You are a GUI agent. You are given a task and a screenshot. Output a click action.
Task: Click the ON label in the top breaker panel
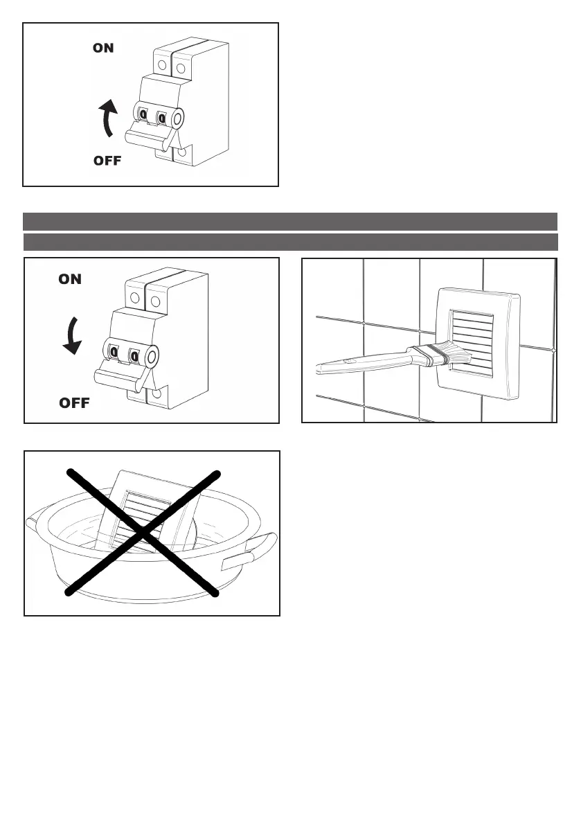coord(104,48)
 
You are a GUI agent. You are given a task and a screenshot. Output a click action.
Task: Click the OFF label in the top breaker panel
coord(107,161)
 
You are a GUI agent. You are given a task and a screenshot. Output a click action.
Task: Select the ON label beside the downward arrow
coord(71,279)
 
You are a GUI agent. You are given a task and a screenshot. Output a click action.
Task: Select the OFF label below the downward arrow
coord(75,402)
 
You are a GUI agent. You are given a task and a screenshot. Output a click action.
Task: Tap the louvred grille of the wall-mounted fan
coord(473,343)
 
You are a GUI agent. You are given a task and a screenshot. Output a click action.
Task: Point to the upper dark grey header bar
coord(290,221)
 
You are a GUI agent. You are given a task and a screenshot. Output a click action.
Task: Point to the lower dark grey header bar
coord(290,242)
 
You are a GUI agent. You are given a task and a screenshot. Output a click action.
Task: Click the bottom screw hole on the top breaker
coord(183,154)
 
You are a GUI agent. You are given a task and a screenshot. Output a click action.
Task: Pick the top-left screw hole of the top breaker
coord(161,65)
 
